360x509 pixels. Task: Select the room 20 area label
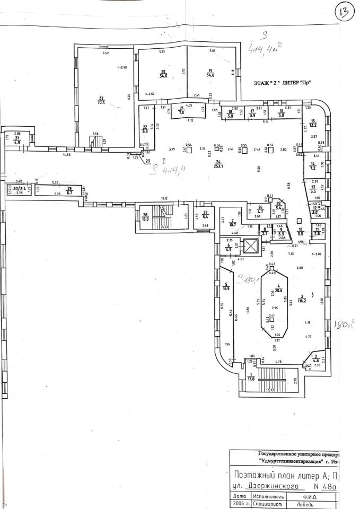[164, 74]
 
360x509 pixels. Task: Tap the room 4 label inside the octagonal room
[275, 288]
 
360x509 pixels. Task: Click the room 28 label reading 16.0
[144, 216]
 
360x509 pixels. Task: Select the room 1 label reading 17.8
[251, 377]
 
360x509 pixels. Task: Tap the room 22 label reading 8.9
[145, 128]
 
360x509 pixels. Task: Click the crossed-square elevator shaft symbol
[250, 246]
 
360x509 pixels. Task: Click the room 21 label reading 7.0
[181, 111]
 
